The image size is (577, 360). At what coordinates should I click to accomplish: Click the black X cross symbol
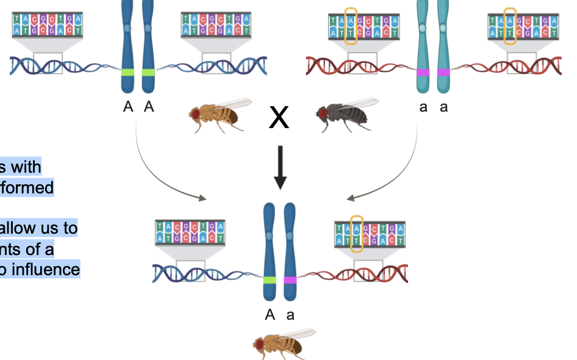pyautogui.click(x=279, y=117)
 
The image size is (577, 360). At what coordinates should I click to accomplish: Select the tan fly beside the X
pyautogui.click(x=220, y=114)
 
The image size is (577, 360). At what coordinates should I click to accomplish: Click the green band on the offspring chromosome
pyautogui.click(x=270, y=280)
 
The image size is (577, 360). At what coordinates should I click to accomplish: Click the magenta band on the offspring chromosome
pyautogui.click(x=290, y=280)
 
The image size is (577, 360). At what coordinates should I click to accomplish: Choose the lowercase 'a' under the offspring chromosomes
pyautogui.click(x=291, y=315)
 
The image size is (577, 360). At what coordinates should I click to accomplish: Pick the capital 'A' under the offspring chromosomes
pyautogui.click(x=270, y=315)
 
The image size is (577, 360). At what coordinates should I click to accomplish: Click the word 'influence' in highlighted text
pyautogui.click(x=46, y=269)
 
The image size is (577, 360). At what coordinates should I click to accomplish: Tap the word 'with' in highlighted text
pyautogui.click(x=26, y=167)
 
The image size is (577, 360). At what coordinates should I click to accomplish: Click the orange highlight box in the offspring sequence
pyautogui.click(x=357, y=234)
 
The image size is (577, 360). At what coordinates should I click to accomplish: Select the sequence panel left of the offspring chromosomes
pyautogui.click(x=190, y=234)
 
